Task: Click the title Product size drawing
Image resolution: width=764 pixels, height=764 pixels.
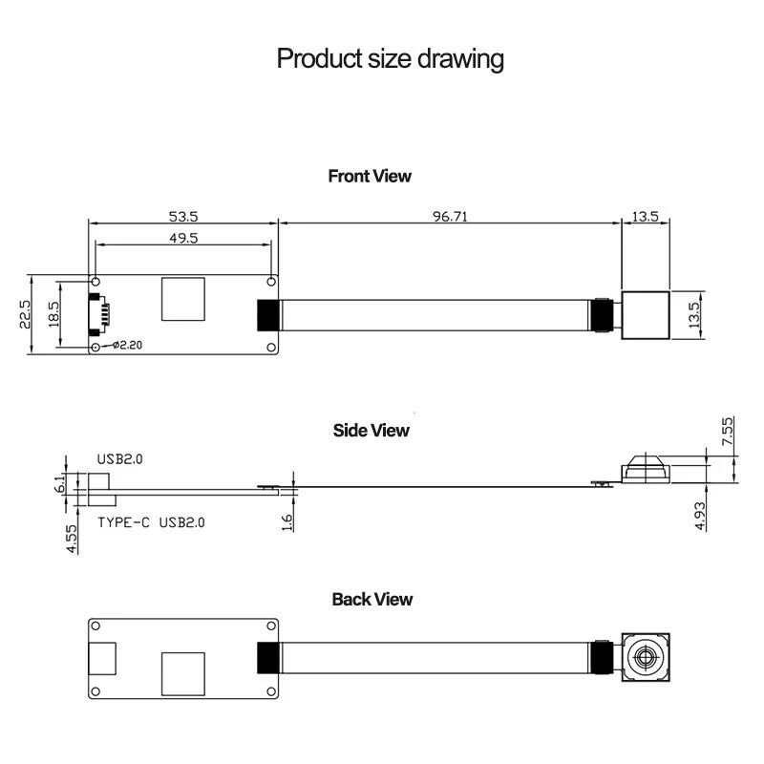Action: [390, 59]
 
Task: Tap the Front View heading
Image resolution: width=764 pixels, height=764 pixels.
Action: [370, 176]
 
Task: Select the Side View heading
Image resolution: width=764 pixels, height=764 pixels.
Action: [371, 430]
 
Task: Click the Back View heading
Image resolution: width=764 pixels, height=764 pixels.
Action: [372, 599]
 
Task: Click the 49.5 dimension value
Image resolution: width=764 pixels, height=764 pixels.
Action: [183, 239]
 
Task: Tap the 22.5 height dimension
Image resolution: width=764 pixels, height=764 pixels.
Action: [27, 315]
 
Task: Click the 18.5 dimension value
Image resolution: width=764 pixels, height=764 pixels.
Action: [53, 314]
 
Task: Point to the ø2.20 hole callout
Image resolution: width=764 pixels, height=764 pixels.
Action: [128, 345]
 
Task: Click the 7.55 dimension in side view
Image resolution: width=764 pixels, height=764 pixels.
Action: [727, 431]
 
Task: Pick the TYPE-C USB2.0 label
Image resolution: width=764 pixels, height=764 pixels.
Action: [151, 522]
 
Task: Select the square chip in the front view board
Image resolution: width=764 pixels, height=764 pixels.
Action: [182, 299]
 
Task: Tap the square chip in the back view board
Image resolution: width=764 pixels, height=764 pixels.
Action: [182, 673]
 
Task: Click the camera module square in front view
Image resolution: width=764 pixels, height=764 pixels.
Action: [646, 315]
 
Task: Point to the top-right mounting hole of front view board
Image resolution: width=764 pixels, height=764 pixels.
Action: [271, 282]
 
